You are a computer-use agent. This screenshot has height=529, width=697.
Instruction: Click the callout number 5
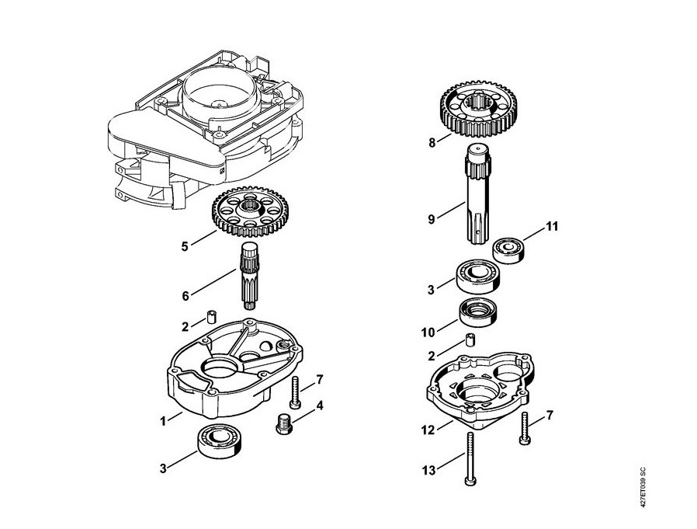point(185,247)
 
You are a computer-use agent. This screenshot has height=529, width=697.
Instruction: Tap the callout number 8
point(432,143)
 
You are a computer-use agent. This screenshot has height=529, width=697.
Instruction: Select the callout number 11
point(552,227)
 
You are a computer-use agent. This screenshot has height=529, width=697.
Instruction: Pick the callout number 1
point(164,421)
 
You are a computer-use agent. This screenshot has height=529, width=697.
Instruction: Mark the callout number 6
point(185,296)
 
